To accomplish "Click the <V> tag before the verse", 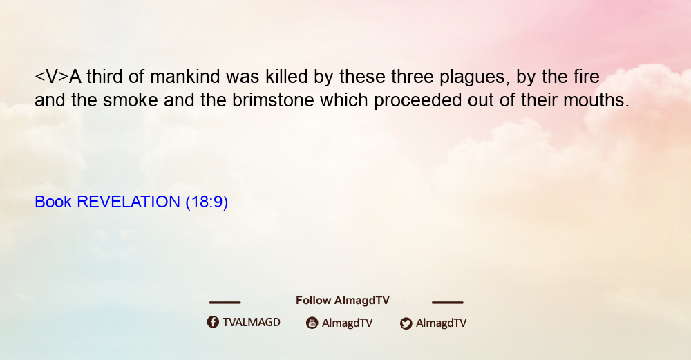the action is [x=52, y=77].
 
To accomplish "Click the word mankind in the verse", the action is [x=184, y=77].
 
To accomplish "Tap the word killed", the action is [x=287, y=77].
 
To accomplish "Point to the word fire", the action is [x=587, y=77].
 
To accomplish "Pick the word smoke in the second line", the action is [x=131, y=100].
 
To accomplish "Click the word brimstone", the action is [x=273, y=100].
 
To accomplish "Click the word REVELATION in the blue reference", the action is [x=129, y=202].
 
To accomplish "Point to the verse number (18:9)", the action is [x=207, y=202].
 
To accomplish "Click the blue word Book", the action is [x=53, y=202].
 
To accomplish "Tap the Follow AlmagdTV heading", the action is [x=343, y=301].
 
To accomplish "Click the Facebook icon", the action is [x=213, y=322].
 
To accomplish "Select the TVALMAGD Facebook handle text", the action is [x=252, y=323].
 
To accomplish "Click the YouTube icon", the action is [x=312, y=323].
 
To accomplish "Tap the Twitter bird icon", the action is [x=406, y=323].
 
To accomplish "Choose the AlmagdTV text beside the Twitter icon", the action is [x=441, y=323].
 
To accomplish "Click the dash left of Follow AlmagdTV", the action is [x=225, y=303].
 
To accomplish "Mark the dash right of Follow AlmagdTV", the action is [x=448, y=303].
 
